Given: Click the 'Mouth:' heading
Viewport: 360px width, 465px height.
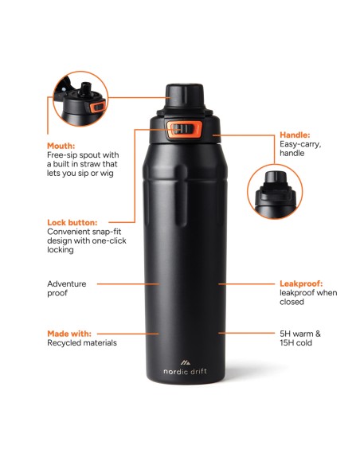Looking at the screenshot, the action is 61,146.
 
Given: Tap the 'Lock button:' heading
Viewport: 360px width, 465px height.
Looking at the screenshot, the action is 72,222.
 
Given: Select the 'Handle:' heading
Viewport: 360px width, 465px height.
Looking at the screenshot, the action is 295,135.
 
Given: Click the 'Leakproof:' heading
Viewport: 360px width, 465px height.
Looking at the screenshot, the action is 301,283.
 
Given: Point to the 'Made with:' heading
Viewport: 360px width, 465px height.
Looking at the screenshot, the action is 69,334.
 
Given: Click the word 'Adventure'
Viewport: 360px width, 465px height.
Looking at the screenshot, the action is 67,283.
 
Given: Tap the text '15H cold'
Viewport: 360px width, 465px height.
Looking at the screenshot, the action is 295,343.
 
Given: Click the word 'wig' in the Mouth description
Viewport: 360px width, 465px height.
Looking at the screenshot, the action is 107,174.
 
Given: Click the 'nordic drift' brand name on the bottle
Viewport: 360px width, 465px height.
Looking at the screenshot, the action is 185,371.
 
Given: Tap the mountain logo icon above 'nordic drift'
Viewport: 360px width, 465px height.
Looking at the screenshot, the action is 186,362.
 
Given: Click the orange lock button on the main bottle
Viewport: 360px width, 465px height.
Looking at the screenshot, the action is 185,130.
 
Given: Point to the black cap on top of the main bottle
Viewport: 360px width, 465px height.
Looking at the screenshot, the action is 185,96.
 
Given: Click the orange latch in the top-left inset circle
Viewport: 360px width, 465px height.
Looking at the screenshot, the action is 98,107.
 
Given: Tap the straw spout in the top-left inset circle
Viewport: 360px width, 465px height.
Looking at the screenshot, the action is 85,88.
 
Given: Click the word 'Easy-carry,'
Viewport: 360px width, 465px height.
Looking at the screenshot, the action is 300,145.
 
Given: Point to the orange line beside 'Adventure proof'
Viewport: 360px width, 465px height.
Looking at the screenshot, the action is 128,283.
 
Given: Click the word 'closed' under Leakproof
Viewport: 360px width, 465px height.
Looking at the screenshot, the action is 292,302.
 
